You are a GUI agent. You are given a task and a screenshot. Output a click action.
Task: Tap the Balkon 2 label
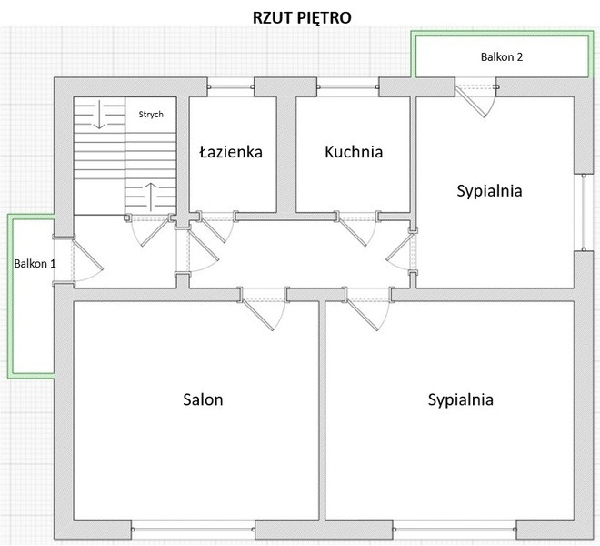tap(502, 56)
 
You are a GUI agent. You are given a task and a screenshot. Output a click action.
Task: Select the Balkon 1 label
tap(35, 263)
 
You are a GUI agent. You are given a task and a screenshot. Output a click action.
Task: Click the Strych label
tap(150, 115)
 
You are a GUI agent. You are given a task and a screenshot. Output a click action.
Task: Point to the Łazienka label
tap(231, 152)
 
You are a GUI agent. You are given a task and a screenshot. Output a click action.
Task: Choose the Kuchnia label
tap(354, 152)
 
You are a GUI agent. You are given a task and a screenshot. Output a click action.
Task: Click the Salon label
tap(203, 399)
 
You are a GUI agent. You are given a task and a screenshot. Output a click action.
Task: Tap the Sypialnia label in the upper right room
tap(489, 191)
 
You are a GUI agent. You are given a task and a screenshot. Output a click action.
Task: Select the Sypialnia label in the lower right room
tap(460, 399)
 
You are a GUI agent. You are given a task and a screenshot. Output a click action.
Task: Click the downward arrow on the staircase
tap(98, 116)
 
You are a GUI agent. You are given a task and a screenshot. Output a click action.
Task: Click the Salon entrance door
tap(265, 311)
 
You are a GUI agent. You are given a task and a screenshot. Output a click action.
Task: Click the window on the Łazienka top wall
tap(231, 86)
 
